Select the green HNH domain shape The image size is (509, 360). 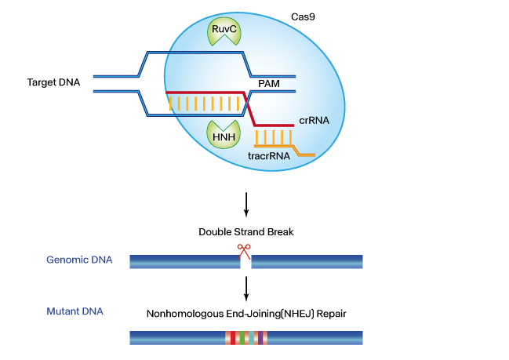pos(220,135)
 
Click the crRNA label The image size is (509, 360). pos(314,121)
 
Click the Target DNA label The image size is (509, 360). pos(53,82)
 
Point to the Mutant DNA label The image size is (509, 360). pos(75,312)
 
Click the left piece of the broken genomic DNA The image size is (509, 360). pos(184,261)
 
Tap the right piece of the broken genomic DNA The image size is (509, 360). pos(307,261)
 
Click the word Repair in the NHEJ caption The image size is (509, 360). pos(332,314)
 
